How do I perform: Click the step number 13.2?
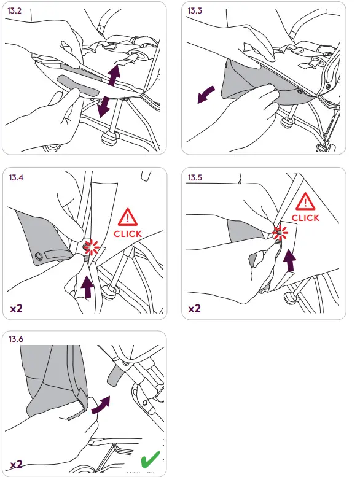click(x=14, y=10)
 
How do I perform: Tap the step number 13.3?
click(x=195, y=10)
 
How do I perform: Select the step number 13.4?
click(x=16, y=177)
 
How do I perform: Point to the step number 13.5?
click(x=195, y=177)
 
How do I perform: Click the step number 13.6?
click(x=16, y=339)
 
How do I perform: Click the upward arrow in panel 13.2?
click(x=114, y=74)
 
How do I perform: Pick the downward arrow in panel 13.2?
click(x=103, y=106)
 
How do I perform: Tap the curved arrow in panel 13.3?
click(x=206, y=95)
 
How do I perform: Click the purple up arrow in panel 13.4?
click(x=88, y=286)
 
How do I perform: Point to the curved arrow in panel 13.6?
click(x=101, y=405)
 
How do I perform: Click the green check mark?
click(x=150, y=459)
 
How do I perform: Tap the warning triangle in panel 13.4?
click(x=128, y=217)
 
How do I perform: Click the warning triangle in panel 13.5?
click(x=305, y=201)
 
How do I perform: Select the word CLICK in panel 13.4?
click(x=128, y=234)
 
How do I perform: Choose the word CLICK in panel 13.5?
click(x=305, y=218)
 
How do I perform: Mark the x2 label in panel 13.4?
click(x=16, y=309)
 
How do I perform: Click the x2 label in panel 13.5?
click(x=195, y=309)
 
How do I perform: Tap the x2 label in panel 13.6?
click(x=16, y=465)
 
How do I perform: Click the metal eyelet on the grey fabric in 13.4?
click(x=39, y=257)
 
